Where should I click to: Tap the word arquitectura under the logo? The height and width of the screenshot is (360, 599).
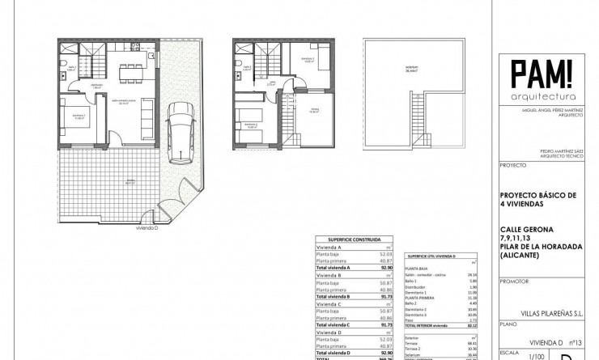542,96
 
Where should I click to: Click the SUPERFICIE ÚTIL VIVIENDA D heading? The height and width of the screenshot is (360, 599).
431,256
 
